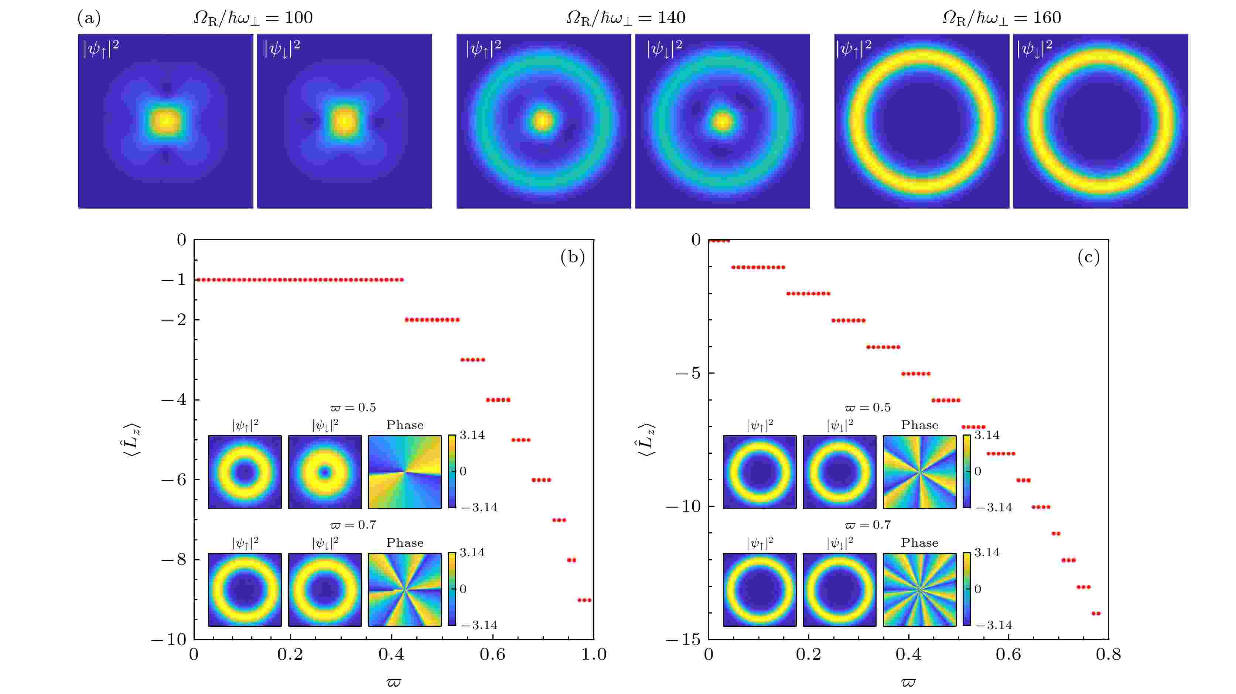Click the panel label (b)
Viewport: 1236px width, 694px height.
pos(573,258)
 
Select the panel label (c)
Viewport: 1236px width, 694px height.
pos(1088,258)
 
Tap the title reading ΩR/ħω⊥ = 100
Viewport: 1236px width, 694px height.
pos(253,18)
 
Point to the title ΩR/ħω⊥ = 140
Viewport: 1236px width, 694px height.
pos(626,18)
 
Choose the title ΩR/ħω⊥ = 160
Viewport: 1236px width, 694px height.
pos(1001,18)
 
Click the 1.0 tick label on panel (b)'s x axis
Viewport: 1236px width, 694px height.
pos(594,655)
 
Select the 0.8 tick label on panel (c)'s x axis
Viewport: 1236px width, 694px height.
pos(1108,655)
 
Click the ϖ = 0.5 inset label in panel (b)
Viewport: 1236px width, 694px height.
pos(353,408)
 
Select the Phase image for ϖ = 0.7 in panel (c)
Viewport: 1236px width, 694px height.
pos(919,590)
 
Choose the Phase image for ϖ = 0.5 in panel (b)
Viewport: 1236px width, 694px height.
pos(404,472)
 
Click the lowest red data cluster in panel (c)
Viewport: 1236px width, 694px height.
pos(1096,614)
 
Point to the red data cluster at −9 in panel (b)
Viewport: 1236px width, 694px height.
pos(584,600)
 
